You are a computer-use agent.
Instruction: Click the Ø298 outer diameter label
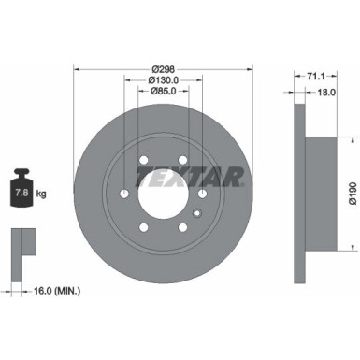[x=164, y=68]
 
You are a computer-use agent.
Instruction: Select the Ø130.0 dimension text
[x=164, y=80]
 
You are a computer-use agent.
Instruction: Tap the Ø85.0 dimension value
[x=164, y=92]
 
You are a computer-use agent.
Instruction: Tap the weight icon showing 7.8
[x=22, y=192]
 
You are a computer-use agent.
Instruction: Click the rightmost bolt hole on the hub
[x=203, y=193]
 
